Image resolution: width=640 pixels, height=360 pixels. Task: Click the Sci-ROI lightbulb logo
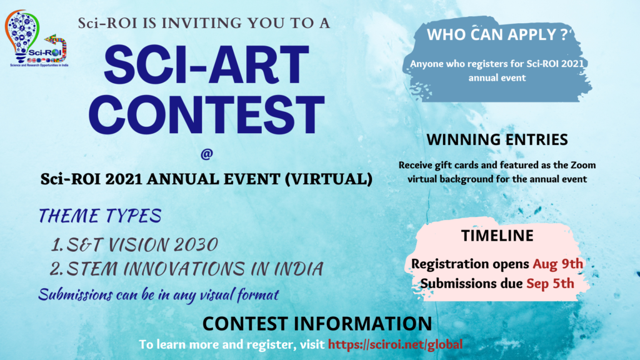37,39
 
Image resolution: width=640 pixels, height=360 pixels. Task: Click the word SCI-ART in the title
206,65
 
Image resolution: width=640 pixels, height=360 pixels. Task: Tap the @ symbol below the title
206,154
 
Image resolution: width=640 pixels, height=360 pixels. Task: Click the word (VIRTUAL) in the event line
329,179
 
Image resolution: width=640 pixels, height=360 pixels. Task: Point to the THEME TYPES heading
100,216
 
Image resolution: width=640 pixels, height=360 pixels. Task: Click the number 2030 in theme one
196,245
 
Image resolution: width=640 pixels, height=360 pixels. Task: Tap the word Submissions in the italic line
76,295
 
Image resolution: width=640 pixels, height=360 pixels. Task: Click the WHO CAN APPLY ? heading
497,35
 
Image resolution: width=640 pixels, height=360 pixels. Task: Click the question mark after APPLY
564,34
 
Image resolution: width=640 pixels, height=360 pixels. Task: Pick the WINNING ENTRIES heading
497,139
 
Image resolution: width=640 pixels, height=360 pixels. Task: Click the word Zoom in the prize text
583,165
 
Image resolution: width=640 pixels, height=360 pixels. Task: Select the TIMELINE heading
497,236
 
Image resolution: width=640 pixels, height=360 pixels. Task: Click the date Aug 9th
558,264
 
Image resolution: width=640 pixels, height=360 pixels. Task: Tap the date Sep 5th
550,284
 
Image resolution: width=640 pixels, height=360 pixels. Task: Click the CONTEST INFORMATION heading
317,323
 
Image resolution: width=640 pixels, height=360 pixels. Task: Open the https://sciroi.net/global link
395,344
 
